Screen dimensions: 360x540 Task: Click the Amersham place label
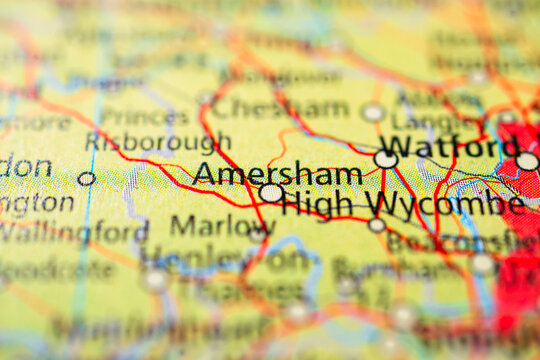pos(277,173)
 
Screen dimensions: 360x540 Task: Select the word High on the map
pos(317,203)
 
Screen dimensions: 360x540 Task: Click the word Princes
pos(145,117)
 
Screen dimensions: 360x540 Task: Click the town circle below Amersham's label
pos(270,193)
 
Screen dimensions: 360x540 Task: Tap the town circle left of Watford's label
pos(385,159)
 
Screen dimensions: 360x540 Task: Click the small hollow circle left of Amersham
pos(87,179)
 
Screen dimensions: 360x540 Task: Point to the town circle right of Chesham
pos(372,112)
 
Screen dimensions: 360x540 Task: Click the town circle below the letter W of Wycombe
pos(376,225)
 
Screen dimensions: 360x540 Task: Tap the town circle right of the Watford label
pos(527,161)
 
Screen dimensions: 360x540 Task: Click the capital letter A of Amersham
pos(204,173)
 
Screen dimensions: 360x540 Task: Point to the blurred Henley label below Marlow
pos(195,258)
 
